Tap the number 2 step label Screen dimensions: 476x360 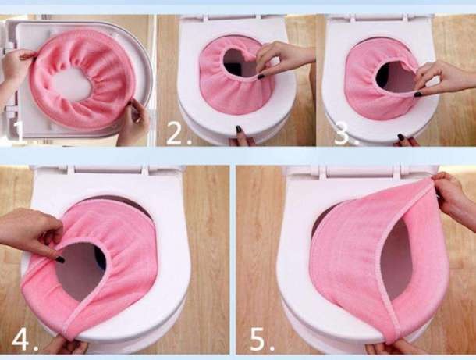pos(179,134)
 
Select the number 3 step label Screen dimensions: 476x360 pos(346,134)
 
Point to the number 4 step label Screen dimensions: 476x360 pos(25,340)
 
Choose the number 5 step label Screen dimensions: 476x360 pos(261,340)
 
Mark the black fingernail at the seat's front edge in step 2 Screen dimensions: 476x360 pos(239,129)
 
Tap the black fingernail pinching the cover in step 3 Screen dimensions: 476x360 pos(417,94)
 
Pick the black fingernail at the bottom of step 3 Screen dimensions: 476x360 pos(401,137)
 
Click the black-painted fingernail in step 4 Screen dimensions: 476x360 pos(60,260)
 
